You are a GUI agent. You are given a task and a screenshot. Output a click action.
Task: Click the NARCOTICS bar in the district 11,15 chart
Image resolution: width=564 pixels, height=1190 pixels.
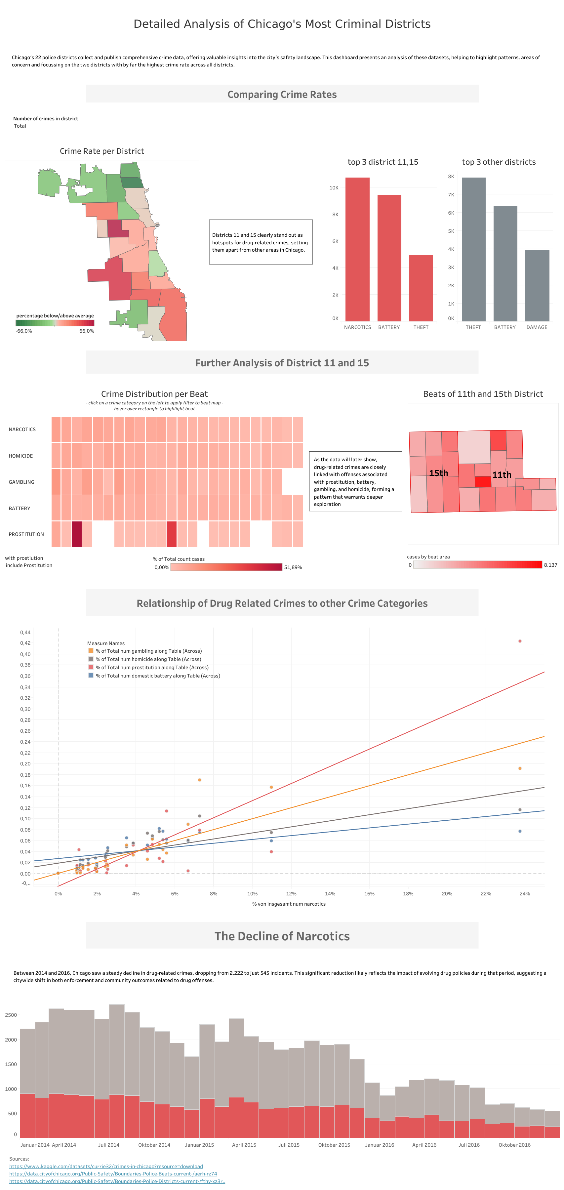tap(357, 249)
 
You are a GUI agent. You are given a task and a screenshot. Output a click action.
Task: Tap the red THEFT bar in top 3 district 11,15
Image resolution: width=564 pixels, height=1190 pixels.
tap(421, 288)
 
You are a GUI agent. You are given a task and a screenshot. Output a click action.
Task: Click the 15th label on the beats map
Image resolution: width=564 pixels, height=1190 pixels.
tap(438, 473)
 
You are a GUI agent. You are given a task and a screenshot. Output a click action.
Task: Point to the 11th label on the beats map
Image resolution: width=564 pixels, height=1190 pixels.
tap(501, 475)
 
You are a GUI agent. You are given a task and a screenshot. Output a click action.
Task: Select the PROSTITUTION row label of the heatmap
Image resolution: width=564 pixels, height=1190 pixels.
tap(26, 534)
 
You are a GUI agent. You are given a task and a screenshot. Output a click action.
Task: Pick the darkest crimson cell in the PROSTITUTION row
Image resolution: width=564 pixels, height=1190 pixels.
tap(77, 534)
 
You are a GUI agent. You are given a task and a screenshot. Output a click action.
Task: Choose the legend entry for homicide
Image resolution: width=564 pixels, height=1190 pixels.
tap(148, 659)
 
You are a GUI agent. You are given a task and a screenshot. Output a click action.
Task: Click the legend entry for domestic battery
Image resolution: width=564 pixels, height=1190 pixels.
tap(157, 676)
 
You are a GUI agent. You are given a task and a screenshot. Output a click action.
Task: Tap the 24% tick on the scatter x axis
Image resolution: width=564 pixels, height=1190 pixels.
tap(524, 893)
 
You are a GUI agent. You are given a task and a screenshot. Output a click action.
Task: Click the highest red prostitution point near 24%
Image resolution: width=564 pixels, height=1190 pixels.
tap(520, 641)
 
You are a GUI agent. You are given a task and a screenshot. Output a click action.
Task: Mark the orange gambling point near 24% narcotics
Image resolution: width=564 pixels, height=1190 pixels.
tap(520, 768)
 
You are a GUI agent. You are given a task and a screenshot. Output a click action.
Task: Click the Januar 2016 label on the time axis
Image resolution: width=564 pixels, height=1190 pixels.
tap(379, 1145)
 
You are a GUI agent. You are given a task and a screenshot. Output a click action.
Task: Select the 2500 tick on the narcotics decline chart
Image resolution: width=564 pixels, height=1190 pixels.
tap(11, 1015)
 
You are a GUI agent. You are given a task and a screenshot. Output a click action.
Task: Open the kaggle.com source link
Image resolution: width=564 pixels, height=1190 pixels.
tap(106, 1167)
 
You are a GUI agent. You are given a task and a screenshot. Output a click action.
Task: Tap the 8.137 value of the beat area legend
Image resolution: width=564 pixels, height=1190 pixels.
tap(550, 565)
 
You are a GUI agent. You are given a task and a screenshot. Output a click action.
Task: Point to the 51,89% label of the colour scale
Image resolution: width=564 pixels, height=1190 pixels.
tap(293, 567)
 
